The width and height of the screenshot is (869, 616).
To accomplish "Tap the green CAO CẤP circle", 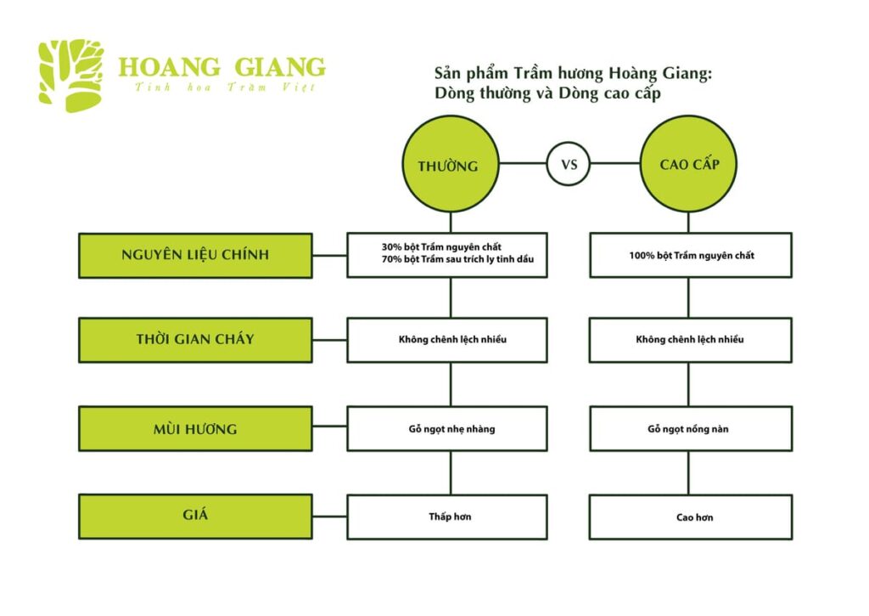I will [x=688, y=164].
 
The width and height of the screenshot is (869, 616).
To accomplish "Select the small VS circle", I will [x=568, y=164].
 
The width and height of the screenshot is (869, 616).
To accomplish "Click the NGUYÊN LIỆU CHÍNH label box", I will [x=195, y=255].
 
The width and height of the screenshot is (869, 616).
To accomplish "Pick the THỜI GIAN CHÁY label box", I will [x=195, y=340].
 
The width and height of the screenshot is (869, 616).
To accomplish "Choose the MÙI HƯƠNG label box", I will [x=195, y=429].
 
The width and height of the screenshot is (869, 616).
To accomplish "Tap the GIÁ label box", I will [x=195, y=516].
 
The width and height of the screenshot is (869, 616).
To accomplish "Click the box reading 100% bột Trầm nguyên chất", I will [x=690, y=255].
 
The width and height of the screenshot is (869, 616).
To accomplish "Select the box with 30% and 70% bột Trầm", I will [x=447, y=255].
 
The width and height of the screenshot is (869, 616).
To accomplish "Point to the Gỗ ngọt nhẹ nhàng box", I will [x=447, y=429].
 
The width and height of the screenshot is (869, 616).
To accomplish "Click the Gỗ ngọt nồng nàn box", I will [x=690, y=429].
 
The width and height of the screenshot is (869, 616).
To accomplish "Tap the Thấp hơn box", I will [x=447, y=517].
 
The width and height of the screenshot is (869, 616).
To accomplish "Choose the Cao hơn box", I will [x=690, y=517].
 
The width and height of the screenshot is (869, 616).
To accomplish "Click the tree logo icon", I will [x=71, y=76].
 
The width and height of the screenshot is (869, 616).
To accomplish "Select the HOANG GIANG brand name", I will [x=221, y=67].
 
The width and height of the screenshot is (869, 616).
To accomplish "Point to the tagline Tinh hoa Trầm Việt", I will [x=225, y=88].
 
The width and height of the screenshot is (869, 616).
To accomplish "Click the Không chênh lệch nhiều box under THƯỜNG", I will [x=447, y=340].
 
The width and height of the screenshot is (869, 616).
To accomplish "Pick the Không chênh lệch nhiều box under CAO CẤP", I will [x=690, y=340].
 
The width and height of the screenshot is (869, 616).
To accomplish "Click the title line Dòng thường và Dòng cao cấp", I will [x=547, y=94].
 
